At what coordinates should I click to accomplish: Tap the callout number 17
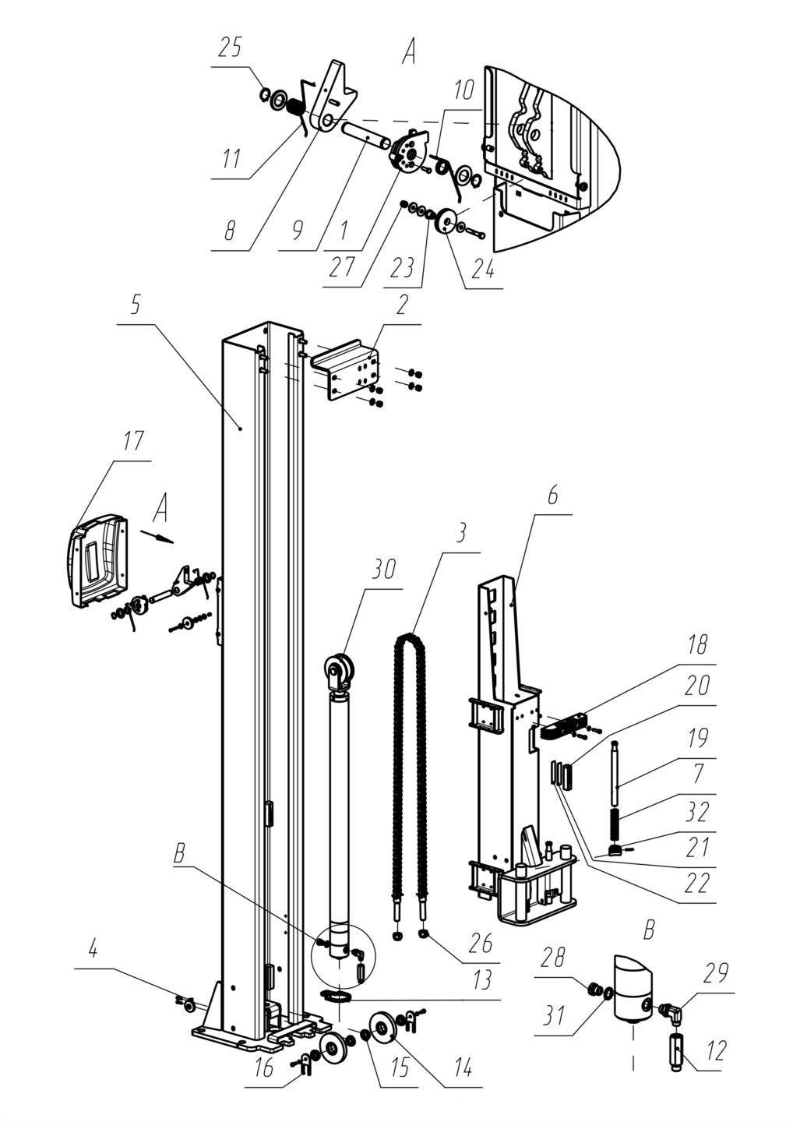click(132, 442)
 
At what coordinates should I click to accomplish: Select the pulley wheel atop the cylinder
click(340, 670)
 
